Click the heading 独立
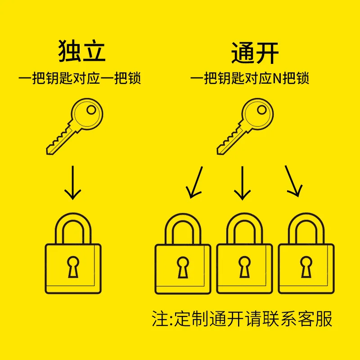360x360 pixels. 82,51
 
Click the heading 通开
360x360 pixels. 255,53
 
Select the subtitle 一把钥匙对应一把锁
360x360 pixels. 80,78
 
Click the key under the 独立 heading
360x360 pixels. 75,126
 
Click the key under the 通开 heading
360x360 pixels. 245,126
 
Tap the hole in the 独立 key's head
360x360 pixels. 91,110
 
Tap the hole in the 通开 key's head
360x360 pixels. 262,110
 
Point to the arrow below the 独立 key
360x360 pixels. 73,183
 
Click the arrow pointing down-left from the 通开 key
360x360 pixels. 195,182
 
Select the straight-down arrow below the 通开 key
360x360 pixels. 242,183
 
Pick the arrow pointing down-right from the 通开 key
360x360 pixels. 292,181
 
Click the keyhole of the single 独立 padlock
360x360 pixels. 73,266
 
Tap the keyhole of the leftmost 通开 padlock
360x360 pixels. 183,267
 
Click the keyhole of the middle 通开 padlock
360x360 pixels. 244,267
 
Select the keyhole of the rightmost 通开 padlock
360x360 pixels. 306,267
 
